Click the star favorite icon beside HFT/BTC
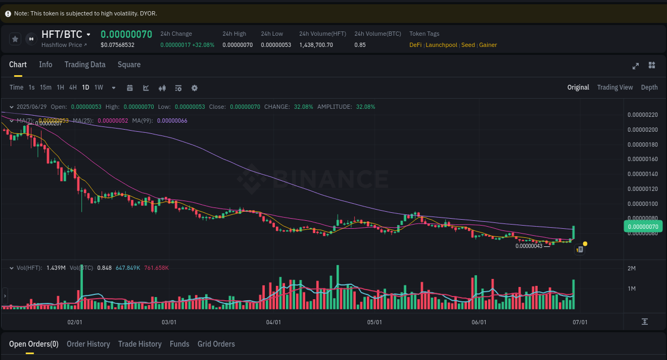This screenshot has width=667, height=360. pos(15,38)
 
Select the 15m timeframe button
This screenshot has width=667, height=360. pos(46,87)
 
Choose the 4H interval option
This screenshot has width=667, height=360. pos(73,87)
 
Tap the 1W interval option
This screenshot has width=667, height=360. pos(99,87)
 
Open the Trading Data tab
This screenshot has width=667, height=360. pos(85,65)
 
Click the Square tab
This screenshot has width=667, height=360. pos(129,65)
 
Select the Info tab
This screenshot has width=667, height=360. pos(45,65)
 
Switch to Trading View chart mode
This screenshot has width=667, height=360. pos(615,87)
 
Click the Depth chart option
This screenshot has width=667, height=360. pos(649,87)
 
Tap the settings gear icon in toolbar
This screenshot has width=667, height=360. pos(195,88)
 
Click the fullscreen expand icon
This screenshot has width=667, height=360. pos(636,66)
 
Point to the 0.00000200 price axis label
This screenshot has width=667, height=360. pos(642,130)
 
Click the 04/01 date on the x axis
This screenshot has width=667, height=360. pos(273,322)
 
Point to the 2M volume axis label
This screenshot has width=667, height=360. pos(632,268)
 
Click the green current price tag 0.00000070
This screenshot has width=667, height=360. pos(643,227)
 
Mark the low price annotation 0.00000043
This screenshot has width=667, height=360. pos(529,246)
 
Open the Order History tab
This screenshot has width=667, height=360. pos(88,344)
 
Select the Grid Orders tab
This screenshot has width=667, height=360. pos(216,344)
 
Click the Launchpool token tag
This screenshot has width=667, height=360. pos(441,45)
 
